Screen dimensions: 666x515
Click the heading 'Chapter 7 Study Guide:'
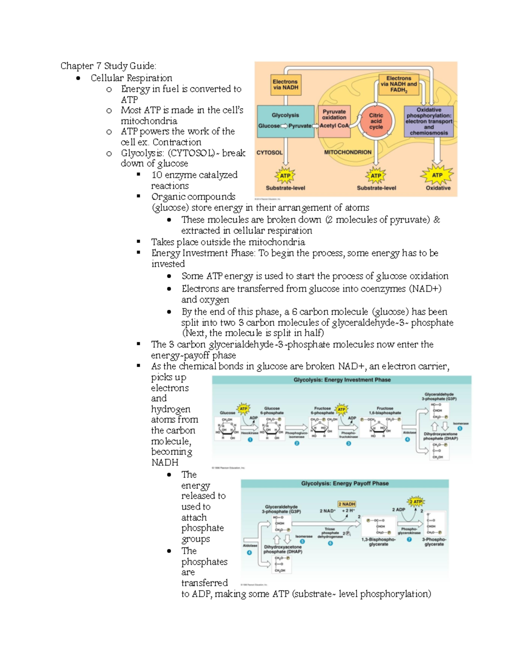pyautogui.click(x=108, y=66)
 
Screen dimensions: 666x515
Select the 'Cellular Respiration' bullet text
pyautogui.click(x=131, y=78)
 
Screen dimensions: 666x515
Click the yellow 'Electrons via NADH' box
pyautogui.click(x=285, y=84)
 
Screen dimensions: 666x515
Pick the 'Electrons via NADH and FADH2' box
pyautogui.click(x=398, y=84)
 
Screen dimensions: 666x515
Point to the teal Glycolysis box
pyautogui.click(x=285, y=121)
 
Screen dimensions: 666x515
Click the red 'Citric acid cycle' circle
pyautogui.click(x=376, y=121)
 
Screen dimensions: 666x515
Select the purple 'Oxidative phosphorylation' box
pyautogui.click(x=429, y=121)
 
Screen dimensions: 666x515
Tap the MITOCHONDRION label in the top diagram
pyautogui.click(x=348, y=152)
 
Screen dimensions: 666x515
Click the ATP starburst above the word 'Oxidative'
pyautogui.click(x=437, y=175)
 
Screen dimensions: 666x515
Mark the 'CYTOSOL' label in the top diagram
pyautogui.click(x=270, y=153)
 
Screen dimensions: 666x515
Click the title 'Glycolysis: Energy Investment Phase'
pyautogui.click(x=342, y=380)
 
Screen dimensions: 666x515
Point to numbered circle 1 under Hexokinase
pyautogui.click(x=250, y=440)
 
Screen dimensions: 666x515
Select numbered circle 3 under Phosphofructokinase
pyautogui.click(x=348, y=443)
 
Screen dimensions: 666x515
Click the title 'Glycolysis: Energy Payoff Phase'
pyautogui.click(x=345, y=483)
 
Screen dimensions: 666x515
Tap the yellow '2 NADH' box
pyautogui.click(x=347, y=504)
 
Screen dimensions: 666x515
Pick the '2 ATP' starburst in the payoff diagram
pyautogui.click(x=415, y=501)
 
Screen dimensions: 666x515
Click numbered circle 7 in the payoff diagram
pyautogui.click(x=409, y=539)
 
